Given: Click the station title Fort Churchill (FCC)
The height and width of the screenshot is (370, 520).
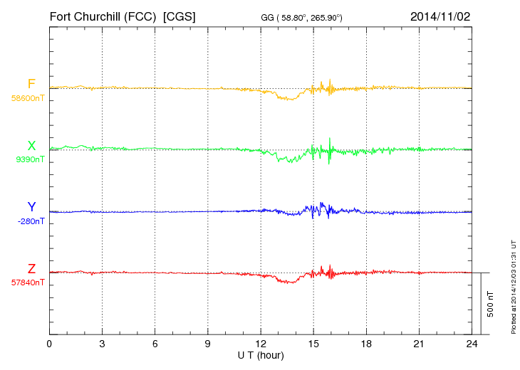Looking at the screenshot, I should pos(103,16).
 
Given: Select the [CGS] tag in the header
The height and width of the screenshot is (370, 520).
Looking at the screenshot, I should pos(180,16).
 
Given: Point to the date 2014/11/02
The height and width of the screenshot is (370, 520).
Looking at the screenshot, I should pos(440,16).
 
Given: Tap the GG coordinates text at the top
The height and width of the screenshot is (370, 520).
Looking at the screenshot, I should pos(302,17).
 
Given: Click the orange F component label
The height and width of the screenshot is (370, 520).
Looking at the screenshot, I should pos(31,84).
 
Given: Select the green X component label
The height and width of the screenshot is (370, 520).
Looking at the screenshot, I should pos(31,146).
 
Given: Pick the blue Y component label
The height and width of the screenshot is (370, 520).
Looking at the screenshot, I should pos(31,207).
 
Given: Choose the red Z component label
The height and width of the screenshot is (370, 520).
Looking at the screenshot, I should pos(31,269).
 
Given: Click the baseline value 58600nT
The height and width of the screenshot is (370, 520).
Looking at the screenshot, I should pos(27,98).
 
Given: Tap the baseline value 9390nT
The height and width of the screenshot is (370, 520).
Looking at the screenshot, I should pos(29,159).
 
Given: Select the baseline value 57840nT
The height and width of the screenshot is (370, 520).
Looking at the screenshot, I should pos(27,282).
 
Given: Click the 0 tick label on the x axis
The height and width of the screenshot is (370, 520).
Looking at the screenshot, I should pos(49,344).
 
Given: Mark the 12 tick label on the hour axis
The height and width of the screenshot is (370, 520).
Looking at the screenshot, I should pos(261,344).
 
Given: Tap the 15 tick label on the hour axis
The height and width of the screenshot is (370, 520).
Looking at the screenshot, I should pos(313,344).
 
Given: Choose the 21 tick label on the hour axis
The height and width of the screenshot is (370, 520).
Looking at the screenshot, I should pos(419,344).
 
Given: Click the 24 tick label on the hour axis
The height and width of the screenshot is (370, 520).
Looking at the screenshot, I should pos(472,344).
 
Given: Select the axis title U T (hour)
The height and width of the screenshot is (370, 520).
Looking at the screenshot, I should pos(261,354).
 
